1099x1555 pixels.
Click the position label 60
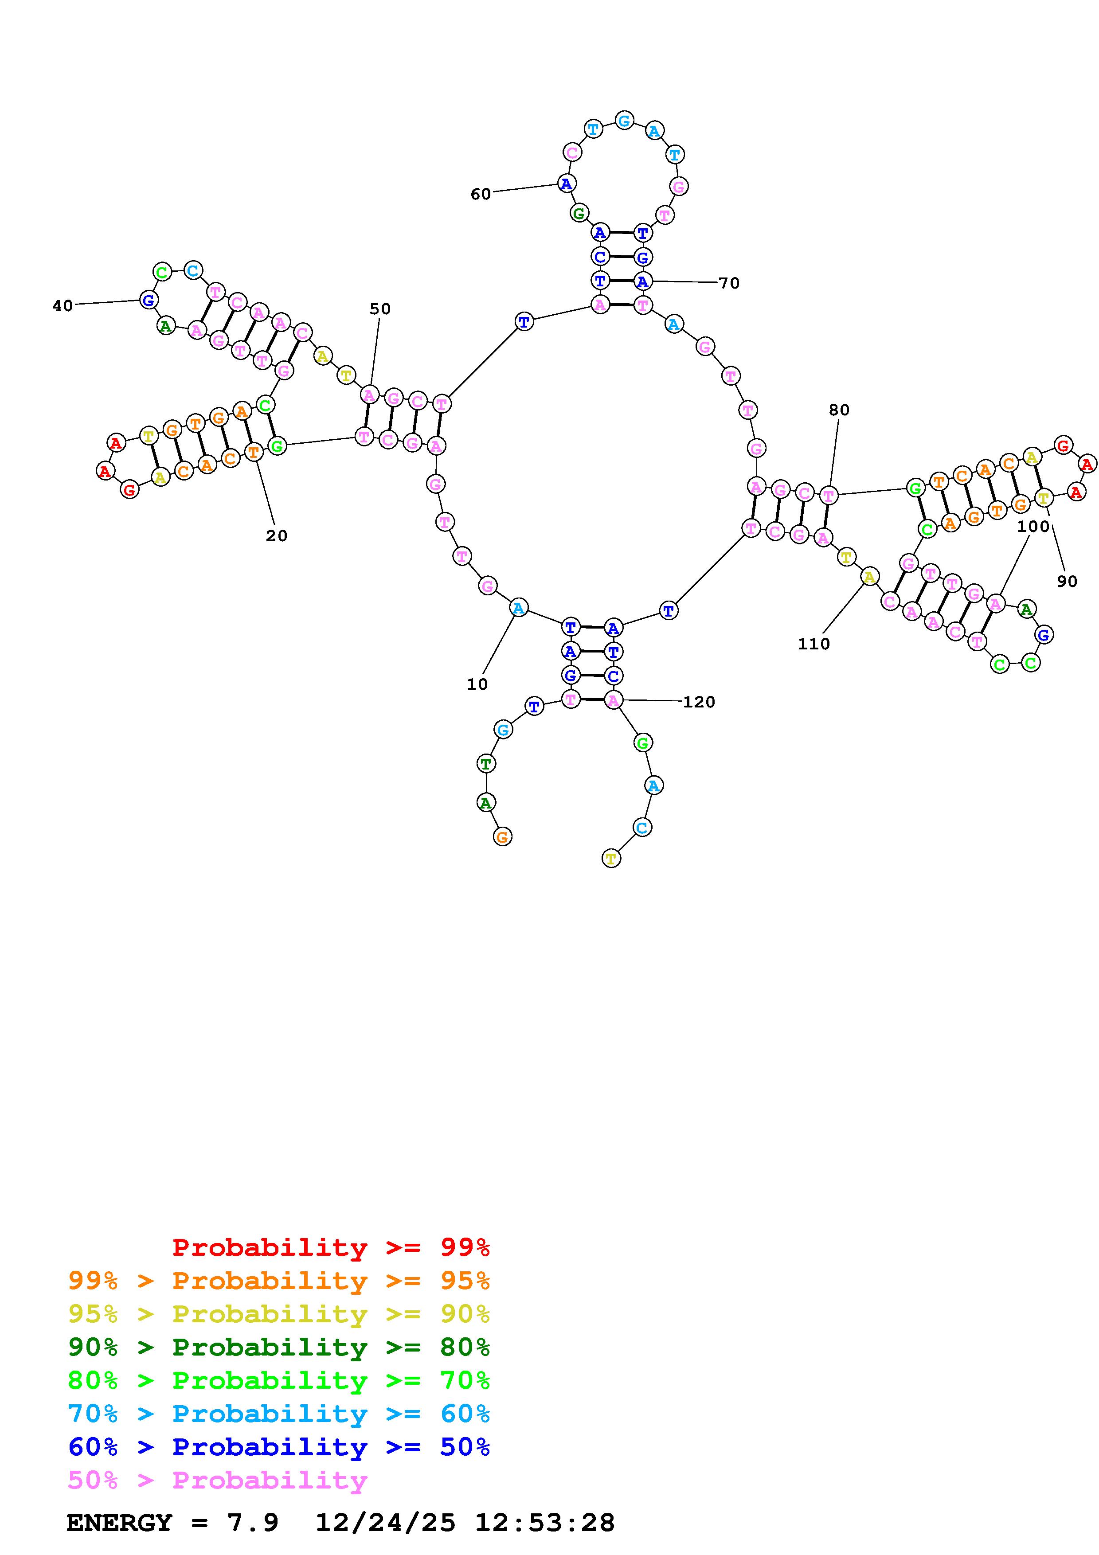point(480,194)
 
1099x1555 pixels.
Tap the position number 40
point(63,306)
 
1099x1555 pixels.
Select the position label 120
point(699,702)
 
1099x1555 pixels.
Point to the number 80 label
point(839,410)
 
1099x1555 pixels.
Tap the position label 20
point(276,536)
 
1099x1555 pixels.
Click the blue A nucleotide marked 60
point(566,183)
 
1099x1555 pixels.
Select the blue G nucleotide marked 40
point(149,299)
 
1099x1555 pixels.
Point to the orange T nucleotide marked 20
point(253,451)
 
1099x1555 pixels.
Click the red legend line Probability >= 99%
point(330,1247)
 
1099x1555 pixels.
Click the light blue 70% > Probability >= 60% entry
point(278,1414)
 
